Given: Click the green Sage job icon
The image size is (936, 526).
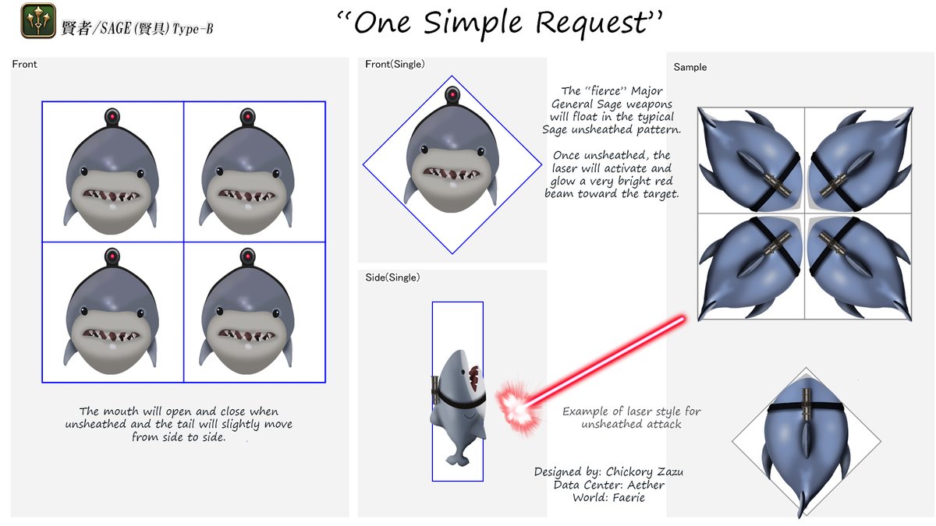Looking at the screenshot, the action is tap(38, 21).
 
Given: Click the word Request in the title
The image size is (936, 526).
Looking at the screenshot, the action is tap(594, 23).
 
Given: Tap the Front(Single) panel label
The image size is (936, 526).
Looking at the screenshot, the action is tap(395, 64).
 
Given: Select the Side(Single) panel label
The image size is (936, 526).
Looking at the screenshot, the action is tap(392, 277).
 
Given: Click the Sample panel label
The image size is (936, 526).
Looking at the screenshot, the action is tap(690, 67).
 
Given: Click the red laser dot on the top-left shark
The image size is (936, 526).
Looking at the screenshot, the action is tap(112, 118).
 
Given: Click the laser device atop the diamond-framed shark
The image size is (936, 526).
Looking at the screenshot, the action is tap(452, 96).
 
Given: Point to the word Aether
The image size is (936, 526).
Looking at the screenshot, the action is tap(646, 485).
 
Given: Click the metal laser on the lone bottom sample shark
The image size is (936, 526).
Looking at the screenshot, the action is tap(806, 405).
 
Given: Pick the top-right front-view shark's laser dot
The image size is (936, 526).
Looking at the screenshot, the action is tap(248, 118).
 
